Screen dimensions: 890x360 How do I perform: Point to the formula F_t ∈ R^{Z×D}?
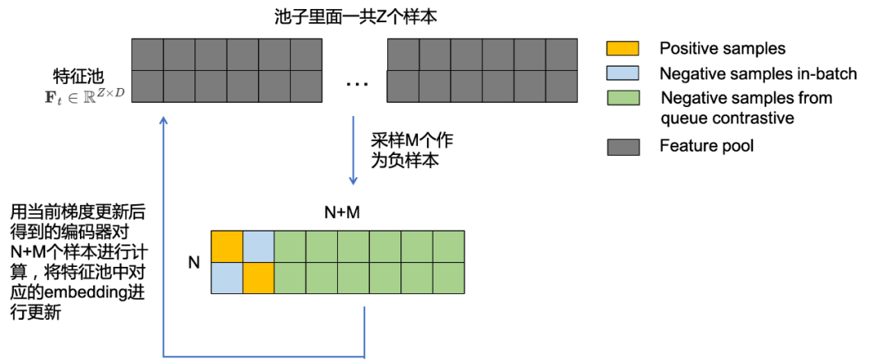[x=89, y=93]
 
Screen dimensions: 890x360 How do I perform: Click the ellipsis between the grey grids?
[x=357, y=84]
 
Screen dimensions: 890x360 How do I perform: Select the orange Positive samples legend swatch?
[x=623, y=49]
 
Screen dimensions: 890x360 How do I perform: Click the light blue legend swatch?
[x=623, y=73]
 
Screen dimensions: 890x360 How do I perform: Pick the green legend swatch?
[x=623, y=98]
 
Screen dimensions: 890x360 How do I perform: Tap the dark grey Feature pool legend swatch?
[x=623, y=147]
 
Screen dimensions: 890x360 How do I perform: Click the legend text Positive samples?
[x=722, y=49]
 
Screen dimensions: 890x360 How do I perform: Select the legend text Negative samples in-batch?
[x=758, y=73]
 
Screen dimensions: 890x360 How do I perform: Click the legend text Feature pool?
[x=706, y=146]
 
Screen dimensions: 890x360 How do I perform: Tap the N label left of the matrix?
[x=194, y=262]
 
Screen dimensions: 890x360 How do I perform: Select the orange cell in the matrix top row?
[x=227, y=246]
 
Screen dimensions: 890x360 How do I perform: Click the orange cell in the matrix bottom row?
[x=259, y=278]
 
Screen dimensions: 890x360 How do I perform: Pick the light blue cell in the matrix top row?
[x=259, y=246]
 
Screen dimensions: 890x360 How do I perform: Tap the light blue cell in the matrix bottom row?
[x=227, y=278]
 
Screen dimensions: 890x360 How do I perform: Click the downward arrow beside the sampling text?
[x=353, y=151]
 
